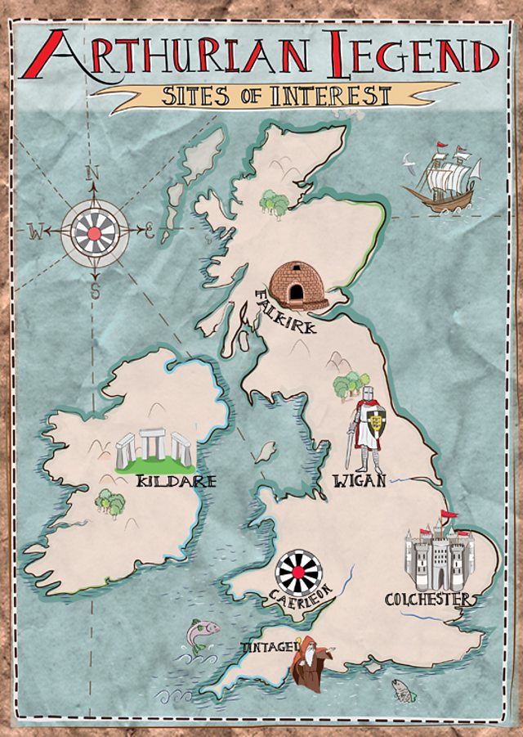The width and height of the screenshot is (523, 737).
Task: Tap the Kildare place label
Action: tap(177, 481)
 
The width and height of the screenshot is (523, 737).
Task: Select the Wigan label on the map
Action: tap(359, 481)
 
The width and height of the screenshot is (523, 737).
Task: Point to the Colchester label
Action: tap(428, 600)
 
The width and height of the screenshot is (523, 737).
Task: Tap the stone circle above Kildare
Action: tap(154, 449)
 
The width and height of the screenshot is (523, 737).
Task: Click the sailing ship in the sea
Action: tap(442, 179)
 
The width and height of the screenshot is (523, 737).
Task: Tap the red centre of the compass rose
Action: tap(95, 232)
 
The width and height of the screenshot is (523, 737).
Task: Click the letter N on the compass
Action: tap(93, 173)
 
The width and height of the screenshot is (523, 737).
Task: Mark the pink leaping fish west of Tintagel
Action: tap(202, 633)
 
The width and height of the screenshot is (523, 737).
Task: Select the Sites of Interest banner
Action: tap(274, 96)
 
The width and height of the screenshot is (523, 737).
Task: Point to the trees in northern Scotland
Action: tap(275, 203)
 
